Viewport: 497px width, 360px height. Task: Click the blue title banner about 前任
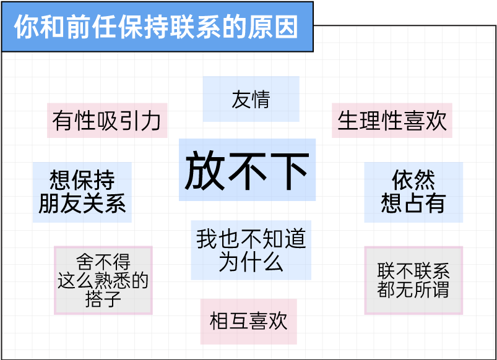click(157, 27)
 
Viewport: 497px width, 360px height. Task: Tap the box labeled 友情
click(251, 99)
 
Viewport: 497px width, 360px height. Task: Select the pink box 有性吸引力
click(107, 121)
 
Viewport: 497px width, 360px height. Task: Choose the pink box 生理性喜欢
click(392, 121)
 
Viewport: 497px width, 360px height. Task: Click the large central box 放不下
click(247, 170)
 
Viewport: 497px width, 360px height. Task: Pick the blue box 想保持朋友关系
click(82, 192)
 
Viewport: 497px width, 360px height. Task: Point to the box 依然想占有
click(413, 192)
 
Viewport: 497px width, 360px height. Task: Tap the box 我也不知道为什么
click(251, 250)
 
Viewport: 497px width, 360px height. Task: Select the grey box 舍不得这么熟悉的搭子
click(103, 280)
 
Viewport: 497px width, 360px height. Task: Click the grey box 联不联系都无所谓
click(413, 280)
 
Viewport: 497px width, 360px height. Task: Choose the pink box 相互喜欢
click(248, 322)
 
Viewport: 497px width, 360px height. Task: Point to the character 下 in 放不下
click(289, 171)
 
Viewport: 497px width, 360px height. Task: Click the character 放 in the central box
click(205, 171)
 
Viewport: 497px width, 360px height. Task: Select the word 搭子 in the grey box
click(103, 301)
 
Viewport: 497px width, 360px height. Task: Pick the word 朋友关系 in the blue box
click(82, 204)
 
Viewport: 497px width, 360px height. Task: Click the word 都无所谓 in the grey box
click(413, 289)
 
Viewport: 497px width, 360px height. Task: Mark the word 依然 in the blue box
click(413, 181)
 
